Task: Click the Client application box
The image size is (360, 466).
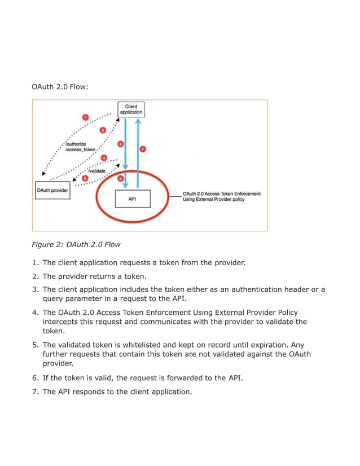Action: [130, 109]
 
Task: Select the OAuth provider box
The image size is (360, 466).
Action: [52, 190]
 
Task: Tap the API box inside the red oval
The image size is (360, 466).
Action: [132, 199]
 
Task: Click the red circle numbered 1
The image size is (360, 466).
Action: [85, 117]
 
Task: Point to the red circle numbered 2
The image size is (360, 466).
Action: [103, 130]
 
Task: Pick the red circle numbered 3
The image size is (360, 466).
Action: [120, 144]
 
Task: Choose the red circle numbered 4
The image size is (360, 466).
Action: [104, 157]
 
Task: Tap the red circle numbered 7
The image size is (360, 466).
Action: [143, 149]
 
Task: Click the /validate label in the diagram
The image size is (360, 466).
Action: [98, 170]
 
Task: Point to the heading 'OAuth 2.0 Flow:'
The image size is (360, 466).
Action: [59, 87]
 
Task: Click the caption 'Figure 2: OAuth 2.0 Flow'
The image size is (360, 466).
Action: [76, 245]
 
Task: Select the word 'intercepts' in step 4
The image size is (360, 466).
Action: [62, 322]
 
